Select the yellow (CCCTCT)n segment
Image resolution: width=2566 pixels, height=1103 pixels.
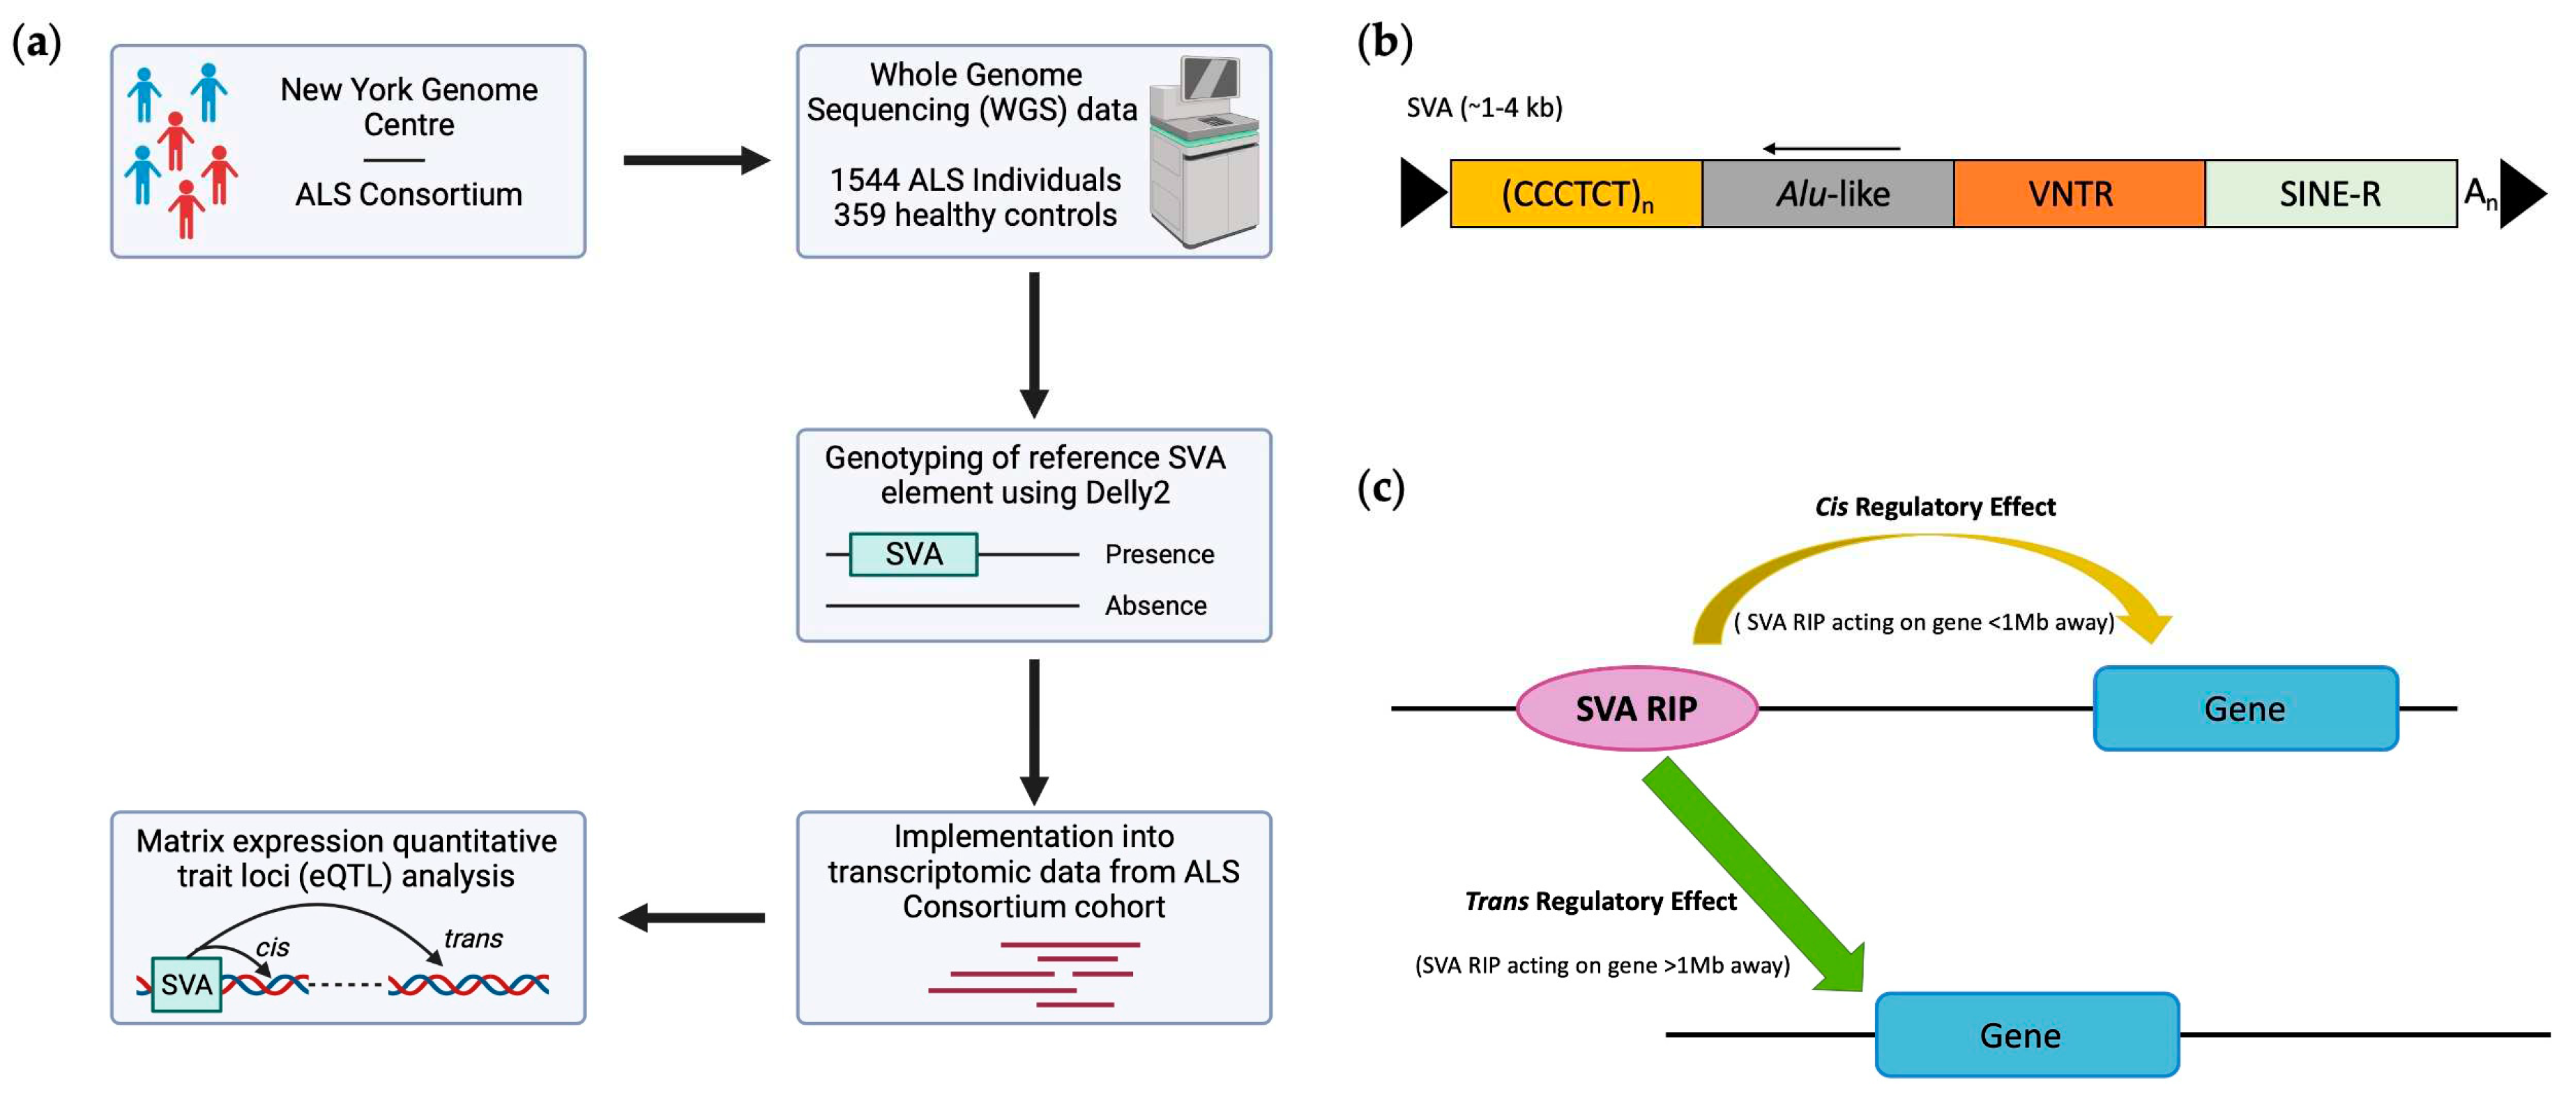1575,193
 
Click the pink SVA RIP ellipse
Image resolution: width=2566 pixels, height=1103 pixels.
1636,708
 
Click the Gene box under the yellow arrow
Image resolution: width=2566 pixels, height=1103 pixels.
2245,708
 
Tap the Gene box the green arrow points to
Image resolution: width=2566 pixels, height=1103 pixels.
2026,1035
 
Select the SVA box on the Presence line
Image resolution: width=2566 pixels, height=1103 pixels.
913,554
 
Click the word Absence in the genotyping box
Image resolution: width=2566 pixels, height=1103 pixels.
1155,606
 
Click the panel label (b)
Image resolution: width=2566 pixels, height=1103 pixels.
1385,42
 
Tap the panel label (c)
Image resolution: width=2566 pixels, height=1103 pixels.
1381,488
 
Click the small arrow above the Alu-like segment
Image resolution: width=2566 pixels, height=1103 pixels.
1831,149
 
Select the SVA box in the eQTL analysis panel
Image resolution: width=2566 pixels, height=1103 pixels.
186,984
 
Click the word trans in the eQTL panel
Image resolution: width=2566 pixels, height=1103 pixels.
473,938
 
